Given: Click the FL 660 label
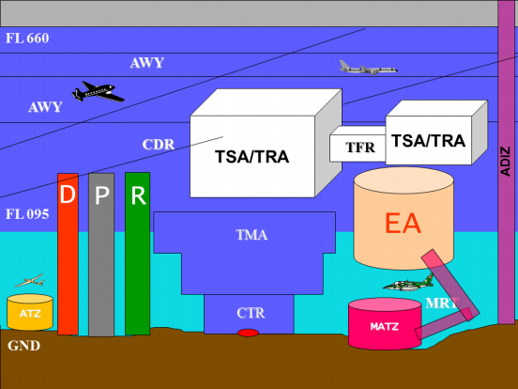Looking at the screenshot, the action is point(27,39).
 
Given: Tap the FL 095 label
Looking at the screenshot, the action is point(27,214).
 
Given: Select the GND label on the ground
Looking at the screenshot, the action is point(23,346).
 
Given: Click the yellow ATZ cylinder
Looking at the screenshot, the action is point(30,312).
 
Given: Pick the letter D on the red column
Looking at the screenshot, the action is point(68,194).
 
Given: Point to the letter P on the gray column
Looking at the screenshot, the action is point(101,195).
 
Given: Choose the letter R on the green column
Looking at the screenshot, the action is point(138,195).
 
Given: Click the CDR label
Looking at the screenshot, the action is point(159,145).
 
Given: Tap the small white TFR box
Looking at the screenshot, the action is point(358,146).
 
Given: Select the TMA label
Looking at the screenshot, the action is point(251,235).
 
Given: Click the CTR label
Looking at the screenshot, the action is point(251,313).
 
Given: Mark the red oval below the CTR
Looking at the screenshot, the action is point(248,333).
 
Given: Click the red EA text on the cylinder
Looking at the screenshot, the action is point(403,224).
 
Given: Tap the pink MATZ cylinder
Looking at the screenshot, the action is point(385,323).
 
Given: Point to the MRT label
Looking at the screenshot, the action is point(442,303).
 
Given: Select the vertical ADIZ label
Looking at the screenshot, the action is point(506,161).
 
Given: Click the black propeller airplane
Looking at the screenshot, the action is point(98,92).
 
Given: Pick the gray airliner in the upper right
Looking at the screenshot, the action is point(368,68).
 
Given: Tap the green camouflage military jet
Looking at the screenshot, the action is point(408,283).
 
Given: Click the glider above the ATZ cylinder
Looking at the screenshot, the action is point(30,281).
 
